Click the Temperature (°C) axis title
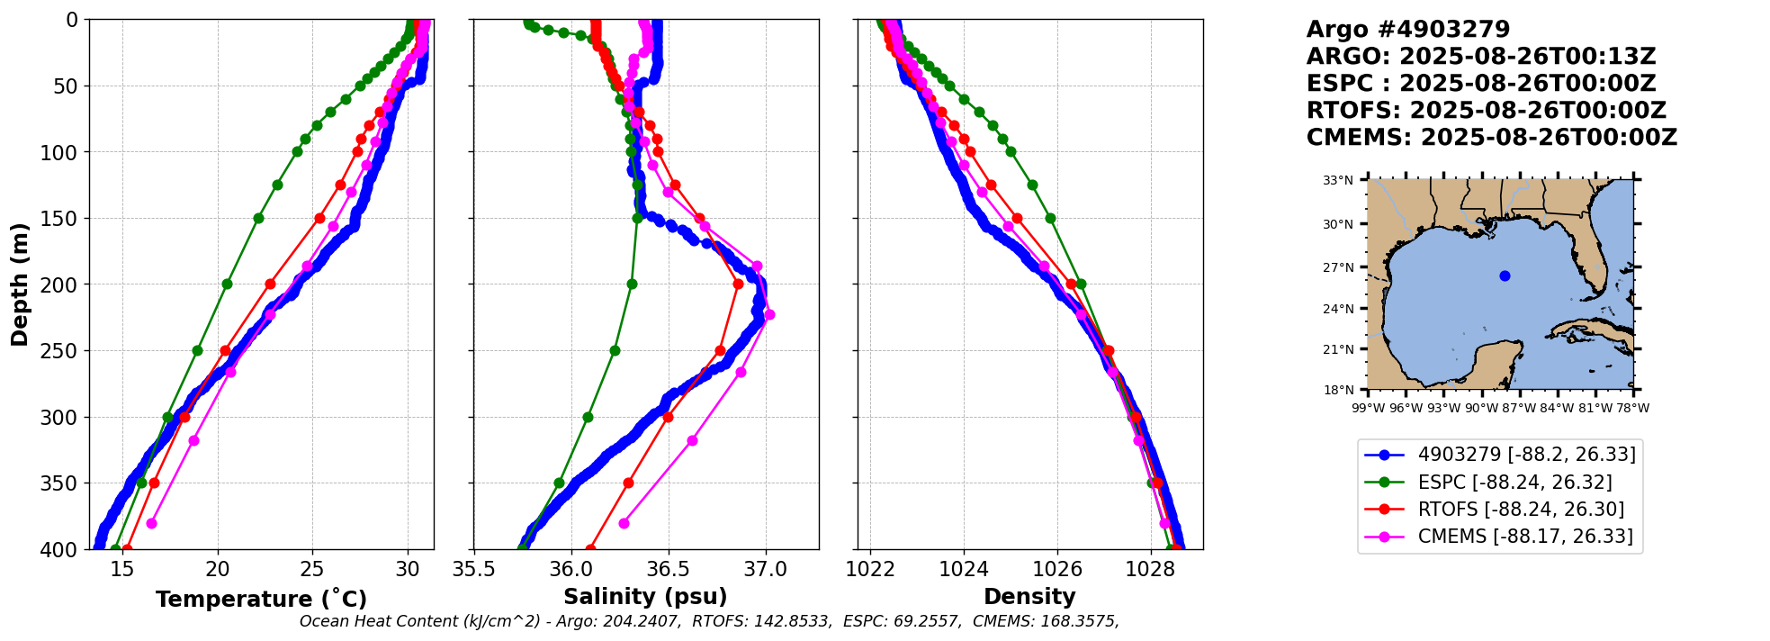261,599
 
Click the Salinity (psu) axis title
645,596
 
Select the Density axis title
1029,596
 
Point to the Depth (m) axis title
19,284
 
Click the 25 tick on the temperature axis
312,569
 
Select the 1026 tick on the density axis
1057,569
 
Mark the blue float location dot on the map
1505,275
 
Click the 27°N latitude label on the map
1338,267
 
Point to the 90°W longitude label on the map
1481,408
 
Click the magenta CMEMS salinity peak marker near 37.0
769,314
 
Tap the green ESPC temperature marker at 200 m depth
227,284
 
